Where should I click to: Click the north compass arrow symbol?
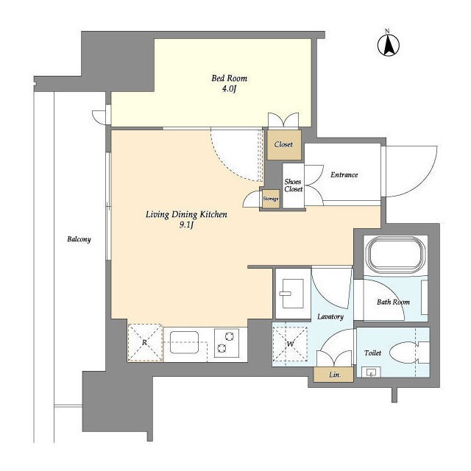(x=388, y=46)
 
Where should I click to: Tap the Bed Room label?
(x=229, y=79)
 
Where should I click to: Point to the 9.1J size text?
(x=186, y=224)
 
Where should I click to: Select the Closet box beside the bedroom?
(x=284, y=145)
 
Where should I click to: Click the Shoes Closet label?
(x=293, y=185)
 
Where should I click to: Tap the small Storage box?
(x=271, y=199)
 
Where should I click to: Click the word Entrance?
(x=344, y=175)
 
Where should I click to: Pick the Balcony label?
(x=79, y=239)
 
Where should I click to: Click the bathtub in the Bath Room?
(x=395, y=254)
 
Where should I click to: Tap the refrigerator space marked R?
(x=145, y=343)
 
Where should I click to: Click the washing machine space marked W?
(x=290, y=344)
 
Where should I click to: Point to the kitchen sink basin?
(x=184, y=342)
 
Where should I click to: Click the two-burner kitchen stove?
(x=227, y=343)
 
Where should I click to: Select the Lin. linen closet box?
(x=333, y=375)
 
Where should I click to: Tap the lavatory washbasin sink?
(x=291, y=294)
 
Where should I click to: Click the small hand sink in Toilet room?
(x=371, y=372)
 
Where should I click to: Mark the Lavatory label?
(x=330, y=316)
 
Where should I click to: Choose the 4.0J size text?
(x=229, y=89)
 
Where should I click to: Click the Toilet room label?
(x=372, y=353)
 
